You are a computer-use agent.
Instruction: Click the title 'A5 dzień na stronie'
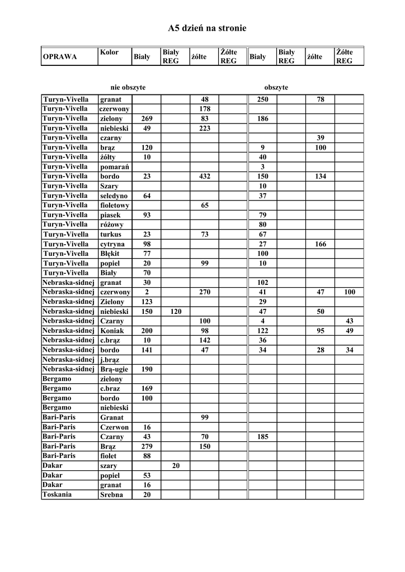click(x=207, y=28)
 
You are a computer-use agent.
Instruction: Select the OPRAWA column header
click(x=60, y=57)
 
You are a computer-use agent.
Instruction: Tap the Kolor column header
click(x=109, y=53)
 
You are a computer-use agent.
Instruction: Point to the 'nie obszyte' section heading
click(x=128, y=88)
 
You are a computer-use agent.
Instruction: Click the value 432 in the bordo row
click(x=204, y=177)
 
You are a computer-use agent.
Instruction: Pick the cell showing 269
click(x=147, y=119)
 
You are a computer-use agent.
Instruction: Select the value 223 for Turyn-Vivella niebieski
click(x=204, y=128)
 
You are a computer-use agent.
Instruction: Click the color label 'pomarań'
click(x=115, y=167)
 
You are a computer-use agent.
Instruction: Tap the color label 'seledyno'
click(x=114, y=196)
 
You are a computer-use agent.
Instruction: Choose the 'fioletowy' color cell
click(x=115, y=206)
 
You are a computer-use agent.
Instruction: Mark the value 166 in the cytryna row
click(x=321, y=244)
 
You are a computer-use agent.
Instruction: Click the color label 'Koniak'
click(x=112, y=331)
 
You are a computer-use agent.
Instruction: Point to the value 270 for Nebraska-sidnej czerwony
click(x=204, y=292)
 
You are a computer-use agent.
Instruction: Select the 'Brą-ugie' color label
click(x=114, y=369)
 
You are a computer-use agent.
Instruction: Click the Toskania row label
click(x=56, y=494)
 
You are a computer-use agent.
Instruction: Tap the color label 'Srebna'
click(x=111, y=495)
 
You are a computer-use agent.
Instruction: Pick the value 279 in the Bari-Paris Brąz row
click(x=147, y=446)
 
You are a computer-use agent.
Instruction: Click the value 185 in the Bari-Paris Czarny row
click(x=262, y=437)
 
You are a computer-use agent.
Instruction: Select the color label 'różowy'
click(x=112, y=225)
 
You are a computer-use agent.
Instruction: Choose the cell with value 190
click(x=147, y=369)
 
